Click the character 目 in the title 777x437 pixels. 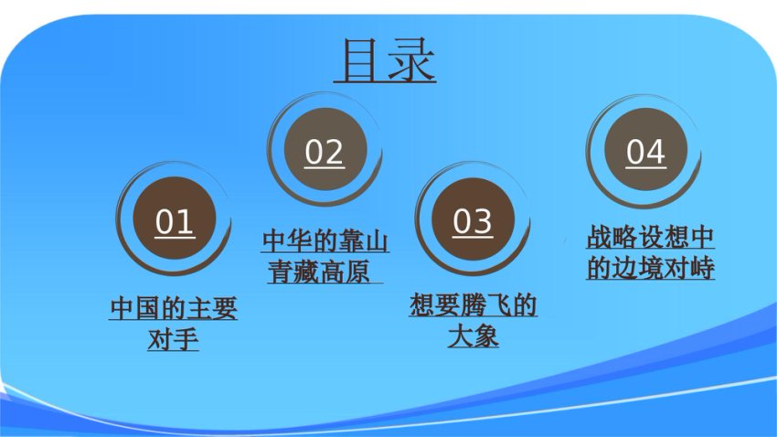[x=358, y=60]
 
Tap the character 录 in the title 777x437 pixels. [x=411, y=60]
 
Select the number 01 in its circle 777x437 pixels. [x=174, y=222]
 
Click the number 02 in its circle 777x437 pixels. [x=325, y=152]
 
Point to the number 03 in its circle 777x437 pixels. [x=473, y=221]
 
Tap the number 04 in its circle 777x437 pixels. [x=645, y=152]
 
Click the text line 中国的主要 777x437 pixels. [x=174, y=308]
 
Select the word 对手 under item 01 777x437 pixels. [x=174, y=339]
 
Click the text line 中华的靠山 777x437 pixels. [x=325, y=241]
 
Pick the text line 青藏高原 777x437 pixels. [x=320, y=272]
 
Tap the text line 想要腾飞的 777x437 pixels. [x=474, y=304]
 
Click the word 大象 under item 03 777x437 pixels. [x=474, y=336]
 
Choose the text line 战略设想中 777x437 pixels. [x=651, y=238]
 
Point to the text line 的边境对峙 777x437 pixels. [x=651, y=268]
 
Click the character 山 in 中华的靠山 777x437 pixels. [x=376, y=241]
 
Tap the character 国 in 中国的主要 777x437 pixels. [x=148, y=308]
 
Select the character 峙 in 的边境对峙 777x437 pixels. [x=702, y=268]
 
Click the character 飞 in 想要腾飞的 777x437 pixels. [x=498, y=304]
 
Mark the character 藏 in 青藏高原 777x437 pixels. [x=307, y=272]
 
